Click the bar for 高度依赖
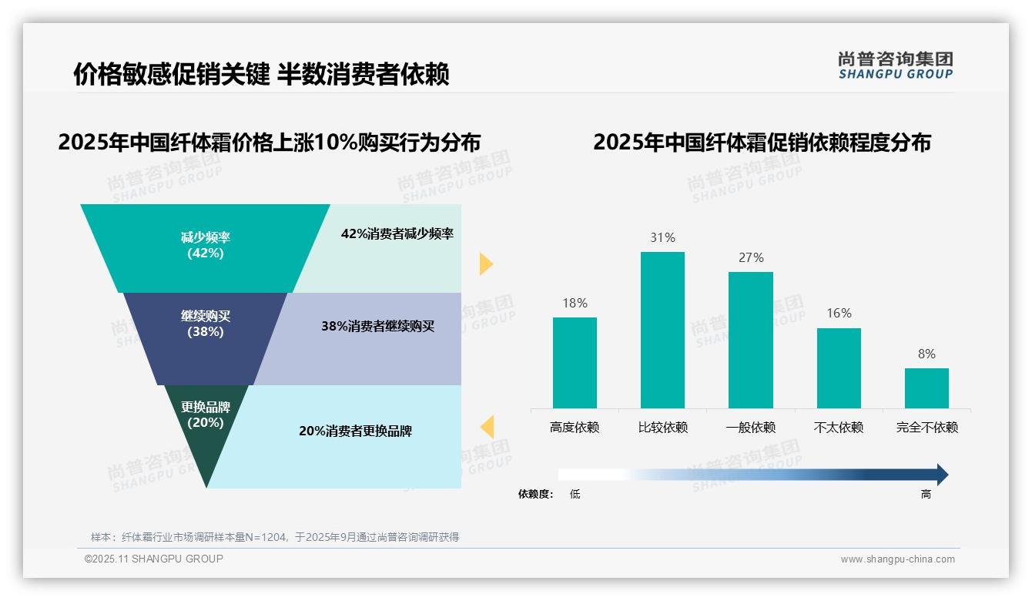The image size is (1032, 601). click(575, 363)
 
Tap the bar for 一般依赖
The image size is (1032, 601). click(751, 340)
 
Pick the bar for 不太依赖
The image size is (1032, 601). click(839, 368)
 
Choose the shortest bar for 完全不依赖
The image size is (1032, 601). click(926, 388)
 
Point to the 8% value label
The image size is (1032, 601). click(926, 354)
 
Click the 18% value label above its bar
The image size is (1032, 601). click(575, 304)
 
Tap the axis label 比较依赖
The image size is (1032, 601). click(662, 428)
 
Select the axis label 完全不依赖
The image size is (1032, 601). click(926, 428)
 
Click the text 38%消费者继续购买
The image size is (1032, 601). click(377, 327)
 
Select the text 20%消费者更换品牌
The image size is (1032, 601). click(355, 431)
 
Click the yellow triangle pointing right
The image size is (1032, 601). click(485, 264)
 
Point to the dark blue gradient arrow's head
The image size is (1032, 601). click(942, 475)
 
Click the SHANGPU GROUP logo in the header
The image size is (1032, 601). click(895, 65)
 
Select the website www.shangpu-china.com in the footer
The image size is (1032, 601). click(897, 559)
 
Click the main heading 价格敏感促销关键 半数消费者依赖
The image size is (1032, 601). click(261, 75)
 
